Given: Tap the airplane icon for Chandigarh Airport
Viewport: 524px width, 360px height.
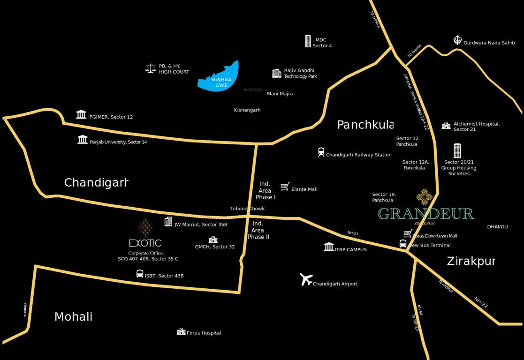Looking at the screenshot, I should coord(306,279).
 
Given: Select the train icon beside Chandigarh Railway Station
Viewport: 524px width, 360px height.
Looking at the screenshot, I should coord(321,152).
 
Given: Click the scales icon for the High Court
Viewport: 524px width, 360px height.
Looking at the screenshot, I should coord(150,68).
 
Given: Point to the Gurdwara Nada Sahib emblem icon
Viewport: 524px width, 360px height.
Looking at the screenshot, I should coord(457,40).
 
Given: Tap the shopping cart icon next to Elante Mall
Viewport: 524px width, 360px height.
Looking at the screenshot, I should coord(285,187).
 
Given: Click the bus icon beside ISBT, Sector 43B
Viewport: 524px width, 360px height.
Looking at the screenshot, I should coord(140,274).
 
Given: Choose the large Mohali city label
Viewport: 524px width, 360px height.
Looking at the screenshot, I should coord(73,317).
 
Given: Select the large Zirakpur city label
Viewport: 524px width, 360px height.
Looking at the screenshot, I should coord(471,261).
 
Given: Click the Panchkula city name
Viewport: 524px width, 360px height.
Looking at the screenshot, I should coord(365,125).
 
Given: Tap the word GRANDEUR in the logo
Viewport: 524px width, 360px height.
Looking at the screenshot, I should coord(425,214).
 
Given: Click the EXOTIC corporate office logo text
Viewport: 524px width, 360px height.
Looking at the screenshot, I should coord(145,243).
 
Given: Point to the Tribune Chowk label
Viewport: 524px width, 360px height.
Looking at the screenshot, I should coord(247,209).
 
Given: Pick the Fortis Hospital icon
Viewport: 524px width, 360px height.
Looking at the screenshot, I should coord(181,331).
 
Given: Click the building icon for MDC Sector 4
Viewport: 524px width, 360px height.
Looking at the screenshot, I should coord(308,41).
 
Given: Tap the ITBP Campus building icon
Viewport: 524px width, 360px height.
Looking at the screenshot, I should coord(329,247).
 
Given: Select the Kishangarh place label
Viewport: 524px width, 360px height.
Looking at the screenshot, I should coord(247,110).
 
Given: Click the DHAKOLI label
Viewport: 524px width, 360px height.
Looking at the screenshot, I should coord(498,227).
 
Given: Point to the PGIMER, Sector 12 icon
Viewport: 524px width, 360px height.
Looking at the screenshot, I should coord(81,115).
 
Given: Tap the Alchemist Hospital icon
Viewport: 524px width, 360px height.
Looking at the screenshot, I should coord(446,126).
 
